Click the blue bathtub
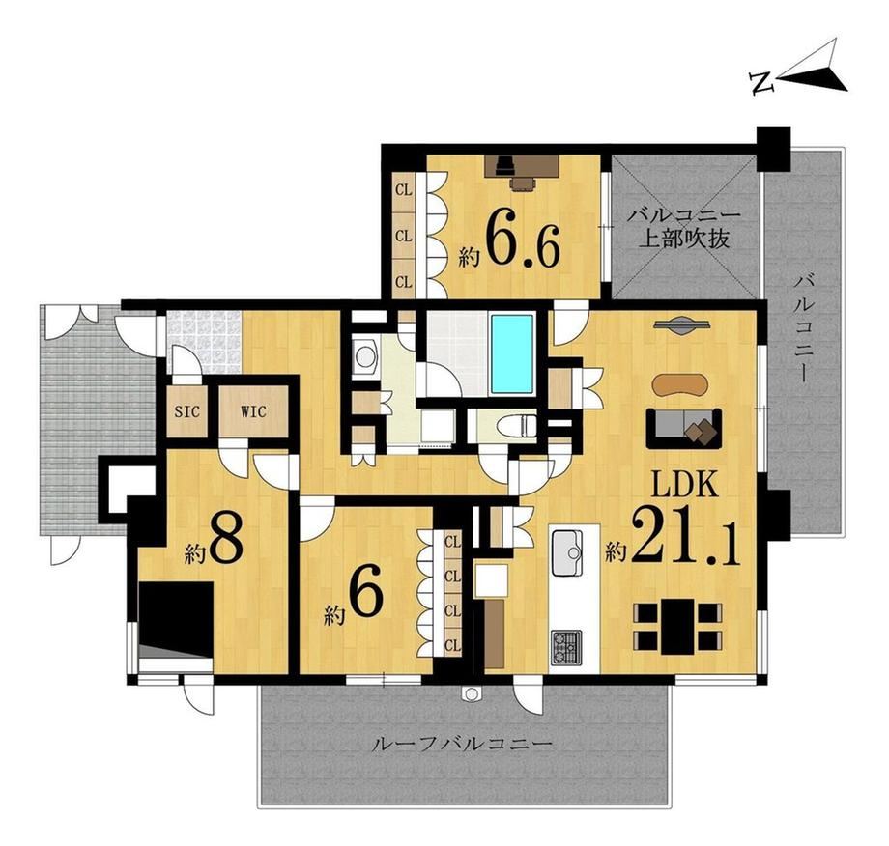[x=512, y=353]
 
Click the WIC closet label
[x=253, y=412]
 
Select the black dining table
[x=677, y=627]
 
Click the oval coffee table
[x=680, y=383]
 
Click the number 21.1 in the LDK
[x=685, y=537]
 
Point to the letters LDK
[x=685, y=486]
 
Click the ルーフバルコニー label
[x=461, y=744]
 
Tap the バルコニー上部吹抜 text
[x=683, y=228]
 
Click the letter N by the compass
[x=762, y=83]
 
